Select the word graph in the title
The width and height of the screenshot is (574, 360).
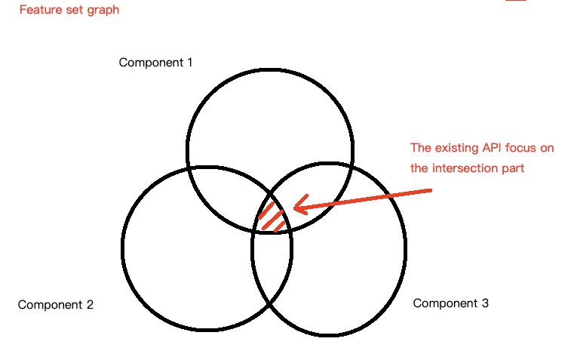(103, 11)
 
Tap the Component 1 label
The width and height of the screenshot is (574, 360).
(155, 62)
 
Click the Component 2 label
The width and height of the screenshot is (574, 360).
(55, 305)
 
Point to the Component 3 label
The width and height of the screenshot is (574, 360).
(450, 303)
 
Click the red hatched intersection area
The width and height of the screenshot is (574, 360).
(272, 216)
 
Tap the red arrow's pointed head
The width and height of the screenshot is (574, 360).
(296, 205)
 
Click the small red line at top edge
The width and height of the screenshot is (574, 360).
(516, 1)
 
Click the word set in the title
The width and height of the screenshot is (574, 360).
(74, 11)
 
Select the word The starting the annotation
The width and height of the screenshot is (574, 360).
(421, 148)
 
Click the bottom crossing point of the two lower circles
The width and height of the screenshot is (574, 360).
(271, 303)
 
